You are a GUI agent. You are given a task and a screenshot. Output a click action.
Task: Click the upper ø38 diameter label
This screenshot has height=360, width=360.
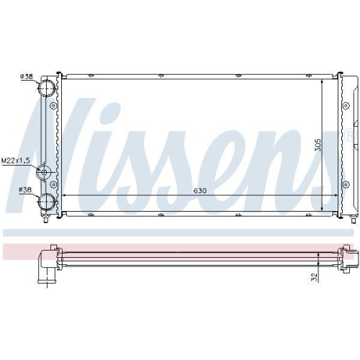point(27,76)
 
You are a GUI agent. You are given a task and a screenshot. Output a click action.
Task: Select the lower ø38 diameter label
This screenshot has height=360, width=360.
point(25,189)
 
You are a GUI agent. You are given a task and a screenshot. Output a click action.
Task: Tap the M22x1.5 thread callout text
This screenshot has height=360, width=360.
point(16,161)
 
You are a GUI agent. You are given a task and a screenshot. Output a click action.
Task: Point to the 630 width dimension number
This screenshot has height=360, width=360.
point(199,191)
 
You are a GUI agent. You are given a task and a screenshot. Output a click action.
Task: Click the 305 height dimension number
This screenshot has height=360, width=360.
point(318,145)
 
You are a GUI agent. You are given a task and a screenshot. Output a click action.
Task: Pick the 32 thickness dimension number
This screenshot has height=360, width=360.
point(314,277)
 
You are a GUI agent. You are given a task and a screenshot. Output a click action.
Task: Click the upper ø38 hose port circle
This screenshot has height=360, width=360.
point(47,88)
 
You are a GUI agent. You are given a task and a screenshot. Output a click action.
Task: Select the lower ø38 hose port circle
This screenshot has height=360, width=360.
point(47,201)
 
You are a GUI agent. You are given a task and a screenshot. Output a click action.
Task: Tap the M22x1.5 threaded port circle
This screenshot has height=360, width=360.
point(44,172)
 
